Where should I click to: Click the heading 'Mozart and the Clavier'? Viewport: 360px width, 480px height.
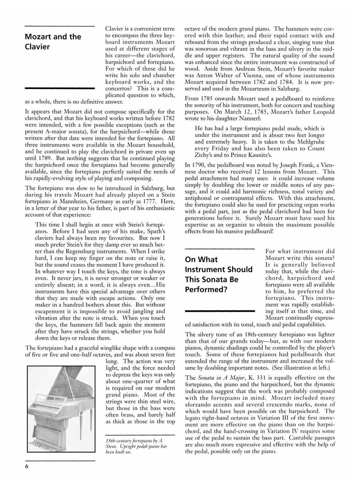click(53, 41)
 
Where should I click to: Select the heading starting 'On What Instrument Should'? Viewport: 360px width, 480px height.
click(219, 274)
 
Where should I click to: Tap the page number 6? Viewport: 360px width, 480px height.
click(27, 466)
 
